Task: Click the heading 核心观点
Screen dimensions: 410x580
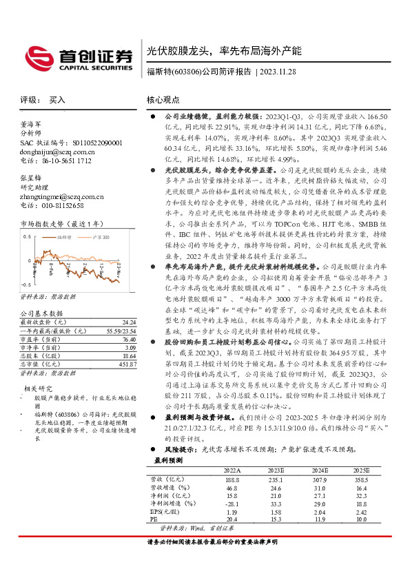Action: point(163,100)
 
